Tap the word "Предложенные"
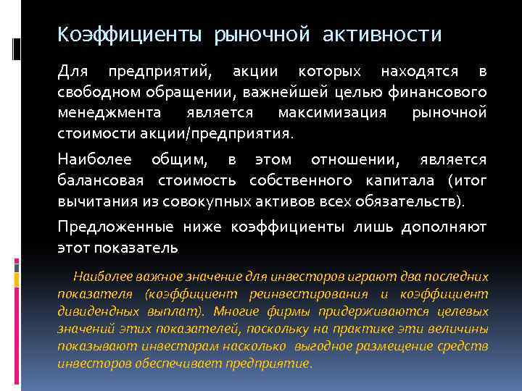click(x=115, y=227)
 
